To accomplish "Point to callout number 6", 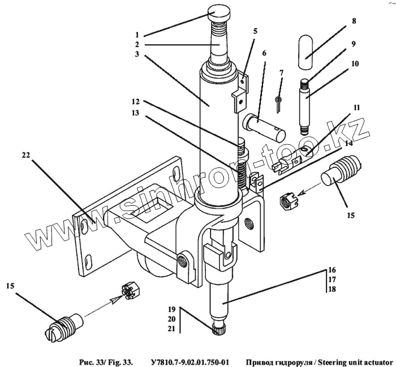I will (x=264, y=53).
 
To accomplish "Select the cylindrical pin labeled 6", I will (x=264, y=126).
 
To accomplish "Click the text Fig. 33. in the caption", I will (x=120, y=360).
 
